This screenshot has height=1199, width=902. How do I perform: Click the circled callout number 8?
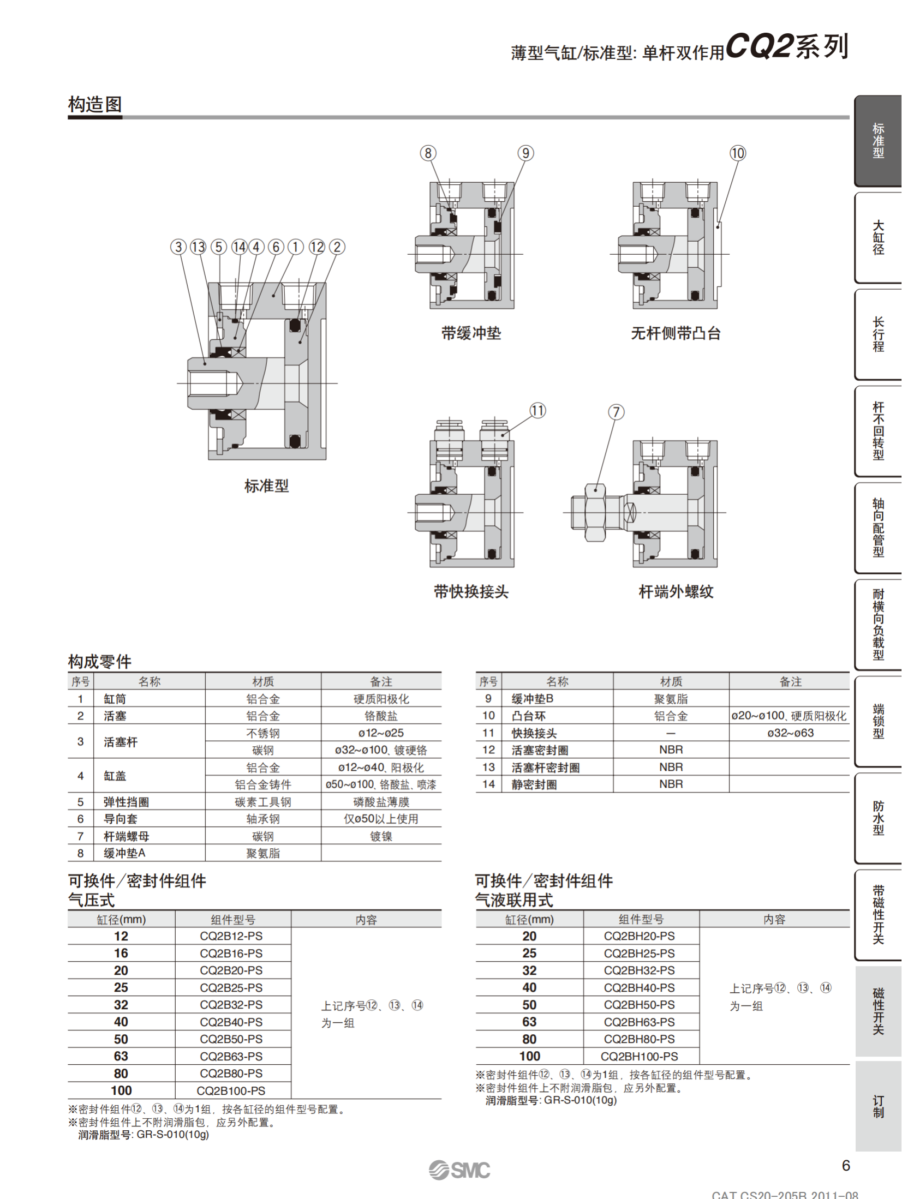pos(428,153)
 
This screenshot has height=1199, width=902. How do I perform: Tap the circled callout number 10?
pos(737,153)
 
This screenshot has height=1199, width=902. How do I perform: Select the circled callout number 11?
pos(537,410)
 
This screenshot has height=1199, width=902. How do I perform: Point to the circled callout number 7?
pos(616,412)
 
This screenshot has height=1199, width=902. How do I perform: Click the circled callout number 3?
pos(178,247)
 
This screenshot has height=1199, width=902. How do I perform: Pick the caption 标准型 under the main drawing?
pos(266,485)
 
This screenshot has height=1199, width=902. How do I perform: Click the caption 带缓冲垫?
pos(471,333)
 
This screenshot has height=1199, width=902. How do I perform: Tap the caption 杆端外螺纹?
pos(676,591)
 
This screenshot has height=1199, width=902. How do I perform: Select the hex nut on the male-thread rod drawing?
pos(595,512)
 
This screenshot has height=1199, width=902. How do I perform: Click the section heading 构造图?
pos(95,104)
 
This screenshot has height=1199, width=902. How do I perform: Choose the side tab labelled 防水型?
pos(877,818)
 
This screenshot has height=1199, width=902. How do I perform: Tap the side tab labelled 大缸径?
pos(877,237)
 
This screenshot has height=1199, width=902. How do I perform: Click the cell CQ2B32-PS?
pos(231,1004)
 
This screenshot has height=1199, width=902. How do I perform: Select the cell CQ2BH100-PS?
pos(639,1056)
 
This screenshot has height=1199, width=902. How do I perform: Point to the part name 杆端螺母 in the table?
pos(126,836)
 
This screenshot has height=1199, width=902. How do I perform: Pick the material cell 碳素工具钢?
pos(263,802)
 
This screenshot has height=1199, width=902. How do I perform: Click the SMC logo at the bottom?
pos(459,1170)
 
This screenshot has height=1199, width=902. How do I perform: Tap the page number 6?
pos(846,1166)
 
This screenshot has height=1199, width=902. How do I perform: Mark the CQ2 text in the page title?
pos(758,46)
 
